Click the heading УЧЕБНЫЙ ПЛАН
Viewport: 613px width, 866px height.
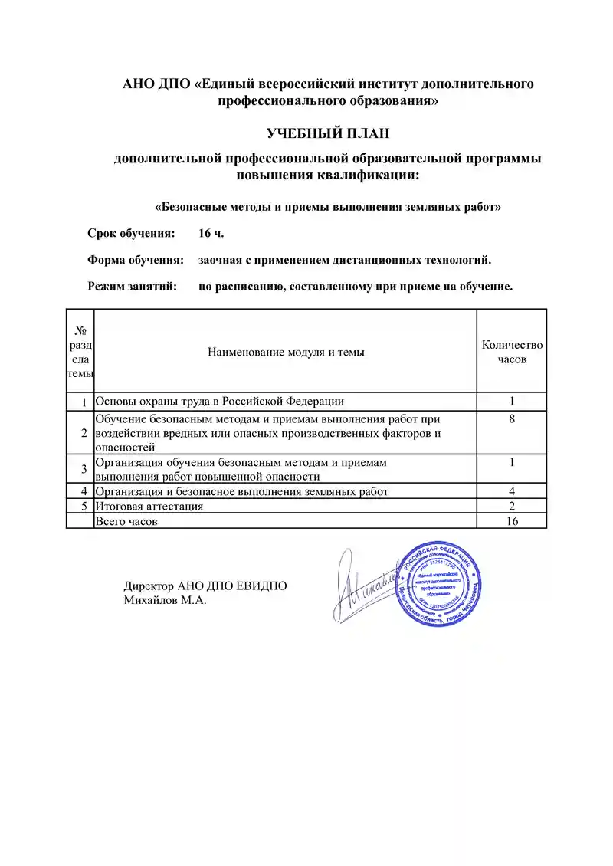pos(328,133)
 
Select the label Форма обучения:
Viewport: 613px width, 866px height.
pos(136,260)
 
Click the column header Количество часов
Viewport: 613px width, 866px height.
pos(512,352)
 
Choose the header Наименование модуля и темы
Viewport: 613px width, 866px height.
pos(286,352)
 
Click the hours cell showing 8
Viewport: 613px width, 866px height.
pos(512,419)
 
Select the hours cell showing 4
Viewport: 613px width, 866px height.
pos(512,491)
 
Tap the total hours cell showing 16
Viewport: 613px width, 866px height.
pos(512,521)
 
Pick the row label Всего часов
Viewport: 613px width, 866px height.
pos(128,521)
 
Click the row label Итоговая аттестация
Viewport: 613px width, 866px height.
pos(149,507)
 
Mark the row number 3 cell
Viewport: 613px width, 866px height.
pos(80,469)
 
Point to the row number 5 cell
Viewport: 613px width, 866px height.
pos(80,507)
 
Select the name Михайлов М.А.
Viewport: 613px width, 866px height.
pos(166,600)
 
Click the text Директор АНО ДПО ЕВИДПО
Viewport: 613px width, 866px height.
pos(205,586)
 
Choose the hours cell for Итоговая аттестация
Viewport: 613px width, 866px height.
pos(512,507)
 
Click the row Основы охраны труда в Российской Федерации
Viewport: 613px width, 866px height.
pos(219,401)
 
